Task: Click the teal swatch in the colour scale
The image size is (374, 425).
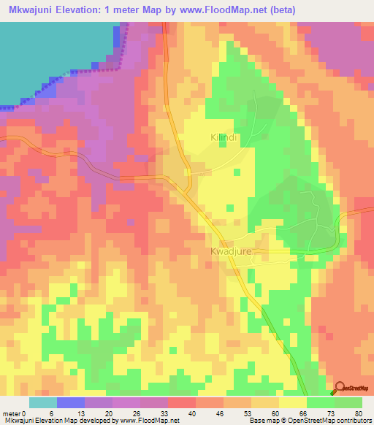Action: [x=43, y=402]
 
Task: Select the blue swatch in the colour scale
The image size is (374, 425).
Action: [x=71, y=402]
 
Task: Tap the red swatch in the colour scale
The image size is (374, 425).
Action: [x=182, y=402]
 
